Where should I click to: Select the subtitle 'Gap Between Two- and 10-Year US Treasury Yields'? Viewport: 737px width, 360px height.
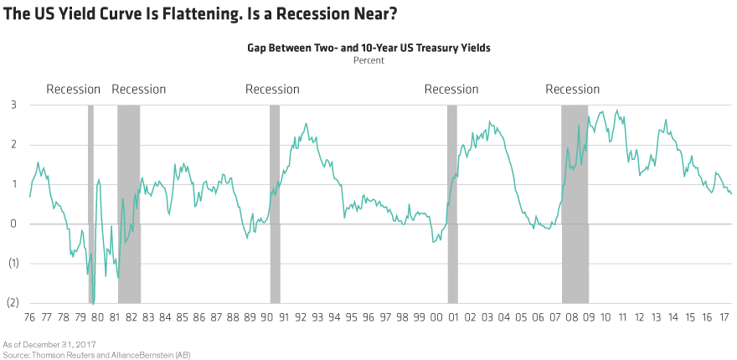pyautogui.click(x=368, y=49)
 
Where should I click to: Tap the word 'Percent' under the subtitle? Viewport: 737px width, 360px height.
pyautogui.click(x=368, y=60)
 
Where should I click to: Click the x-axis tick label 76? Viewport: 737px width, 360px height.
pyautogui.click(x=31, y=318)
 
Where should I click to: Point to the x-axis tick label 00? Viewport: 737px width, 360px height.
pyautogui.click(x=436, y=318)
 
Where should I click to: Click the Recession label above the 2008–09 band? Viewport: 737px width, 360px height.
pyautogui.click(x=573, y=90)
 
